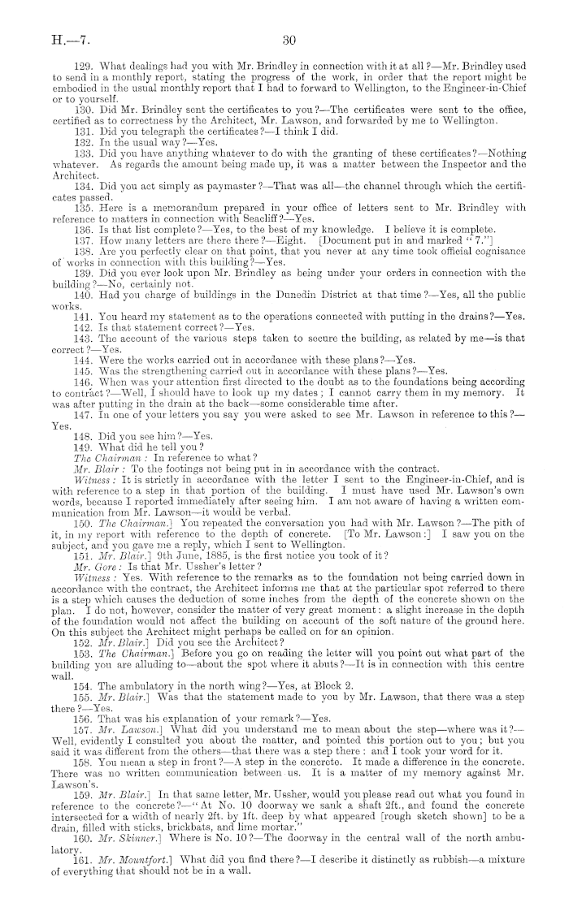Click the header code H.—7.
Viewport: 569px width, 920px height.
tap(41, 38)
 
